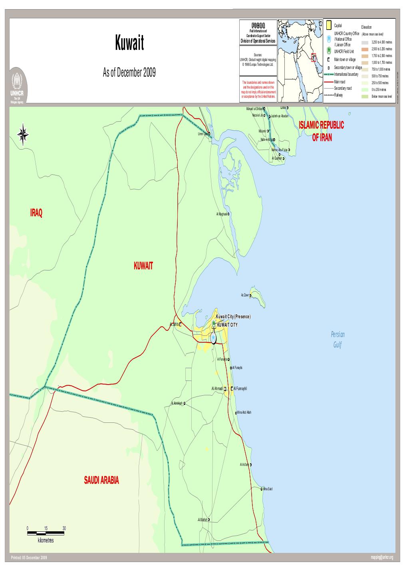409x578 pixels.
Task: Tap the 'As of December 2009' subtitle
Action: point(129,74)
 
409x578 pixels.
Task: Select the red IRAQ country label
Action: point(36,213)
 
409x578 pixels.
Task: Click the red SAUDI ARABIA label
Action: point(101,480)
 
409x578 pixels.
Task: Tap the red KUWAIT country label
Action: point(143,266)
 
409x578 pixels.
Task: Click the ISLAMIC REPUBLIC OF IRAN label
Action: point(322,131)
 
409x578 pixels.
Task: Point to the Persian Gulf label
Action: point(338,339)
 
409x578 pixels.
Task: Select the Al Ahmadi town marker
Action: point(225,389)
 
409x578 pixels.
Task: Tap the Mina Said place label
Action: point(268,489)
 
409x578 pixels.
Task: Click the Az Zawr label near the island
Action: point(245,296)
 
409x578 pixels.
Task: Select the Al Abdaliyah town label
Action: point(177,403)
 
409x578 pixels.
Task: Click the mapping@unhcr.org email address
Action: point(382,557)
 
